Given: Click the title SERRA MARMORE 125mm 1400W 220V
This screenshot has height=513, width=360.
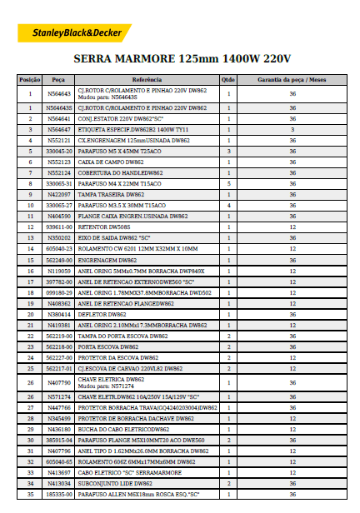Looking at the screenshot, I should (182, 59).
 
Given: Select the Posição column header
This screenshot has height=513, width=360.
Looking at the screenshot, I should (30, 79).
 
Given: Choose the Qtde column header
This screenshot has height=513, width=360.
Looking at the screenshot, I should (227, 79).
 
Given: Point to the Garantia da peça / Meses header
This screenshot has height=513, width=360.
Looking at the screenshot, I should (292, 79).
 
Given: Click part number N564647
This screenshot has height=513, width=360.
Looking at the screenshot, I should (58, 130).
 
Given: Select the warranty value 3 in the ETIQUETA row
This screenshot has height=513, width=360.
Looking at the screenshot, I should (292, 130).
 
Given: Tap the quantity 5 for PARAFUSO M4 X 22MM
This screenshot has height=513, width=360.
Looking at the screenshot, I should (227, 182).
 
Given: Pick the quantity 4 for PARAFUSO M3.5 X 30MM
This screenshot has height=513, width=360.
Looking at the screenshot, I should (227, 204).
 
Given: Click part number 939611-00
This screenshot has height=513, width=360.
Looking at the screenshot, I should (58, 227).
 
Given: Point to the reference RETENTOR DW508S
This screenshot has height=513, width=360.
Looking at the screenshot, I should (104, 227).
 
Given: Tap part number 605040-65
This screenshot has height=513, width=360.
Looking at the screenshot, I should (58, 461).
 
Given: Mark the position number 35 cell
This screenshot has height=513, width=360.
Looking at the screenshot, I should (30, 495).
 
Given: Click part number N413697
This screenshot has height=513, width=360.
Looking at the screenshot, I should (58, 472).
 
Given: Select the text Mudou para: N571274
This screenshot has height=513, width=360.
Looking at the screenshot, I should (107, 386).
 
